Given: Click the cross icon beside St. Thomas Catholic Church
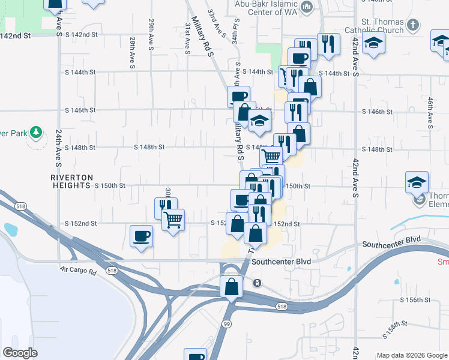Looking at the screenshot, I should (412, 25).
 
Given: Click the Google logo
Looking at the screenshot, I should (20, 352).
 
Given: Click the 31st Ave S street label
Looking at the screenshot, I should (187, 38).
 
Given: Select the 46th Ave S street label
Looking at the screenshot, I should (430, 112).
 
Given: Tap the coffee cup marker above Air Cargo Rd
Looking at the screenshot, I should (142, 236).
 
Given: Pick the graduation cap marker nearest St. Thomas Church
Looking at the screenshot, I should (374, 44).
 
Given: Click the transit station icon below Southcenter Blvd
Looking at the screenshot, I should (257, 283).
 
